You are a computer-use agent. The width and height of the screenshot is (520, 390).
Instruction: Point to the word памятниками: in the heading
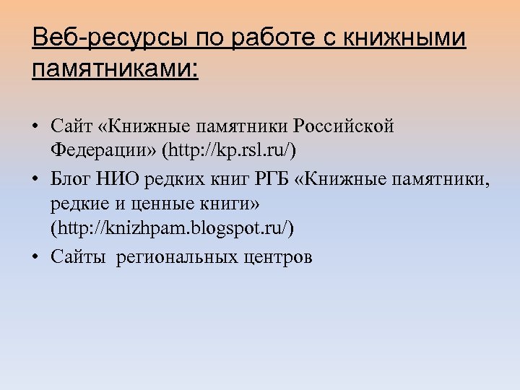coord(115,71)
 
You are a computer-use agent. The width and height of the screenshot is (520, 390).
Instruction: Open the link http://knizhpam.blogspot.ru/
coord(172,227)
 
